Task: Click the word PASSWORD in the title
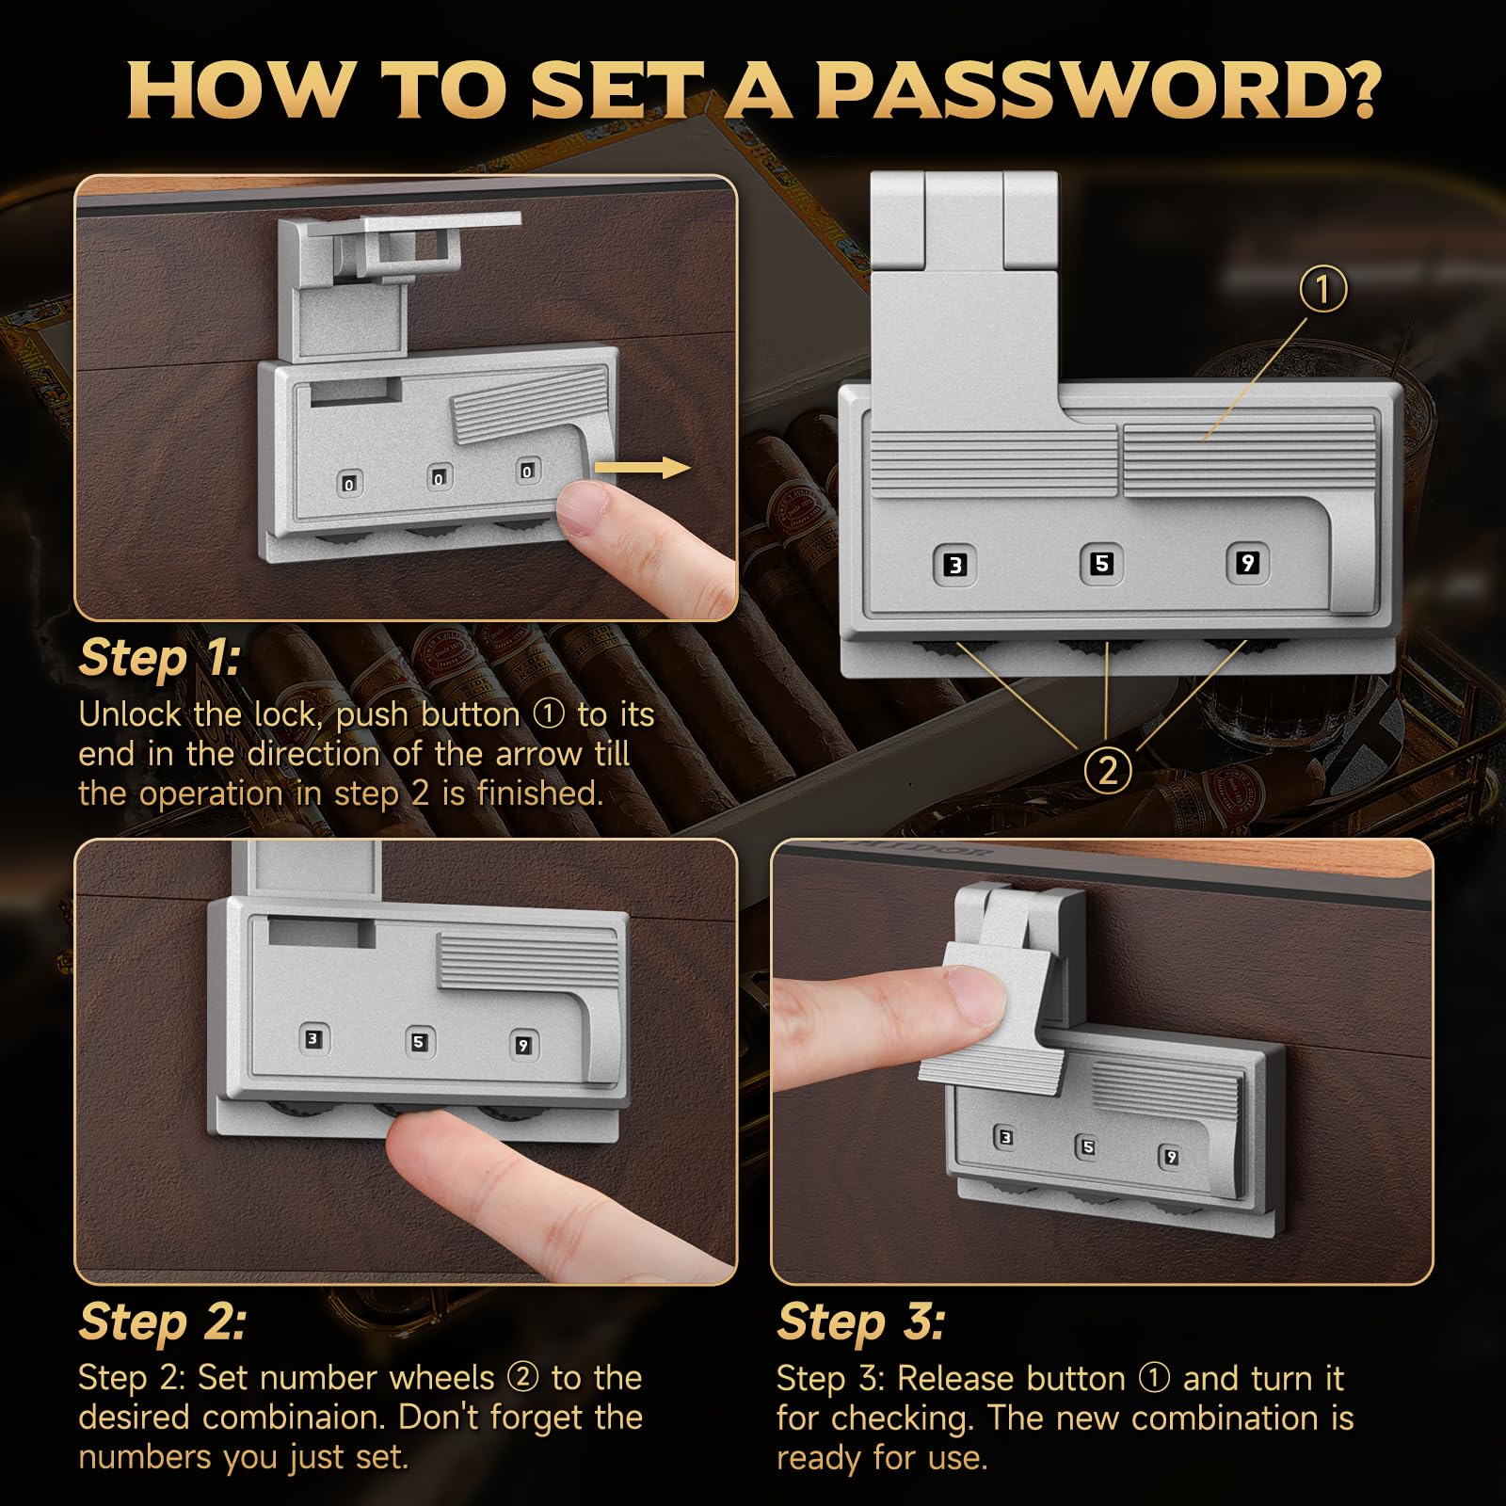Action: pos(1097,89)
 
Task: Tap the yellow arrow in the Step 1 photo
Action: pos(644,467)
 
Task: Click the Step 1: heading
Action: pos(160,657)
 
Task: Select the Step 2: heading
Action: pos(163,1321)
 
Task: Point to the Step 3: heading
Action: pos(860,1321)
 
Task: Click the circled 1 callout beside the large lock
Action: pos(1323,289)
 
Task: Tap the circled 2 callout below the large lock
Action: pos(1108,771)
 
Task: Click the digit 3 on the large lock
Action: pos(955,565)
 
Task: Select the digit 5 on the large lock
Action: pos(1101,563)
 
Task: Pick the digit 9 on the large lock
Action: pos(1247,563)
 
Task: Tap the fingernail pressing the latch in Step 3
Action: pos(972,997)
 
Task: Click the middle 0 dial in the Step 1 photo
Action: pos(438,478)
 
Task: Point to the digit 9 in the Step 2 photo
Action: pos(523,1045)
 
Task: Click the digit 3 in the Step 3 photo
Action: pos(1005,1138)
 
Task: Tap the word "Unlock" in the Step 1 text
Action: pos(131,714)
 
